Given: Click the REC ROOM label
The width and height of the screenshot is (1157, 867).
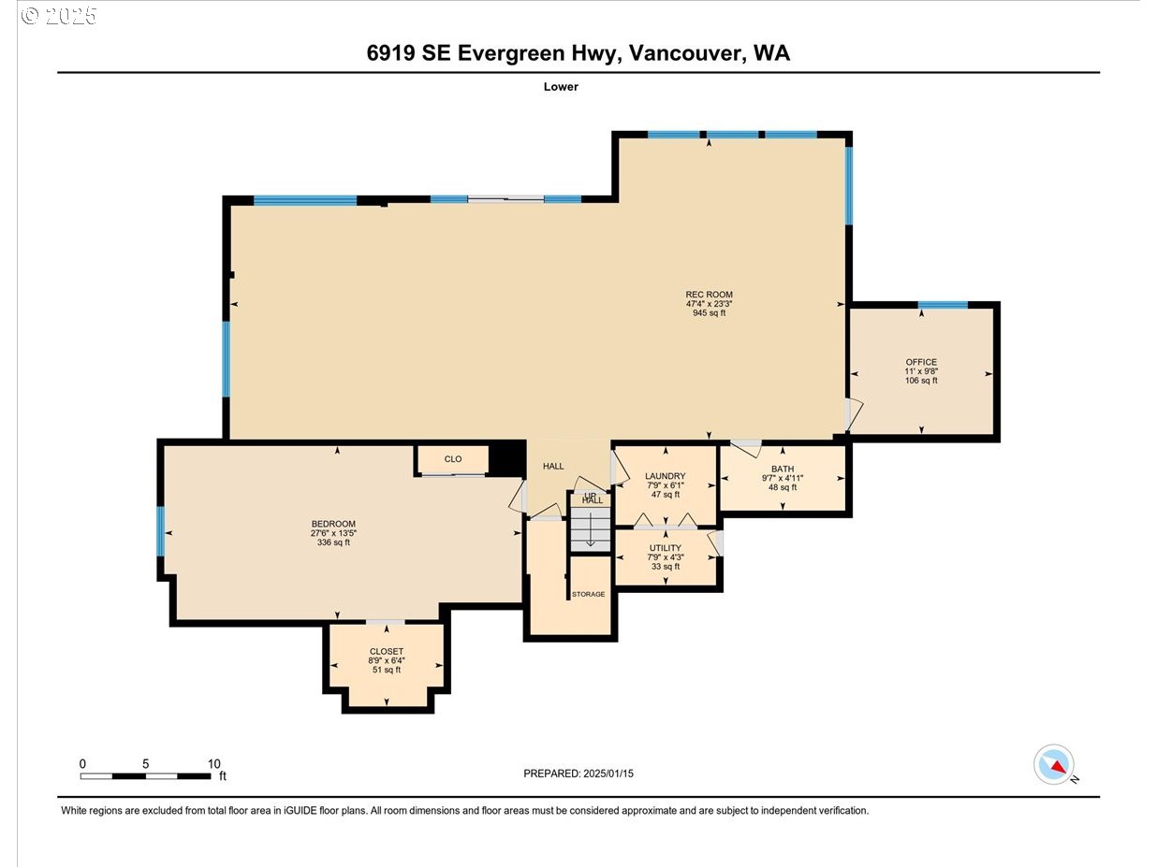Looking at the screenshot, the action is (x=709, y=295).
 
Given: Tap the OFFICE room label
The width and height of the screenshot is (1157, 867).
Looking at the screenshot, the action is (x=921, y=362).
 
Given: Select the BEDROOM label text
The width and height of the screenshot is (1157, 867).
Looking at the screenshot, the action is (x=333, y=524).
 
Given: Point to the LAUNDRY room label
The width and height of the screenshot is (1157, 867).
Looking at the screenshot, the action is (x=666, y=476).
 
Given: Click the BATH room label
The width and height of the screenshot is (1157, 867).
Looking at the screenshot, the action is (x=783, y=469).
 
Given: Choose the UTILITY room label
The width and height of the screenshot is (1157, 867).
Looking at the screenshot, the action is (x=666, y=548).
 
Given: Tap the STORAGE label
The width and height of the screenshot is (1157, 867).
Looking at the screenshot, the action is (x=588, y=594).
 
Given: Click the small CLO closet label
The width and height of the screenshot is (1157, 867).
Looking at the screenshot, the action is (x=453, y=459).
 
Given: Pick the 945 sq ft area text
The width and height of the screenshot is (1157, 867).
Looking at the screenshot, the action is (x=709, y=313).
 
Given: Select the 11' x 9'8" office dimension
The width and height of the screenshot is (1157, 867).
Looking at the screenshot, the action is (x=921, y=371).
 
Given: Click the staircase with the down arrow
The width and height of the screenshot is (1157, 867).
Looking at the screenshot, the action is (x=591, y=529).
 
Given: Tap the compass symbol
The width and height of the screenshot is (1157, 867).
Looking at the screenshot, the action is (x=1053, y=764).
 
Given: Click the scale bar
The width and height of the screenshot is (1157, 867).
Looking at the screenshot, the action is (x=145, y=776).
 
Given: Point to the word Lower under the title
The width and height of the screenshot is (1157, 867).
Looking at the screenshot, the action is (x=561, y=87).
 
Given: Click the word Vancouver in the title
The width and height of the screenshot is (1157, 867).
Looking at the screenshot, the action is (x=687, y=53).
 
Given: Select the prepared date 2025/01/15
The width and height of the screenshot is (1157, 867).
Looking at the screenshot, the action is (x=608, y=773).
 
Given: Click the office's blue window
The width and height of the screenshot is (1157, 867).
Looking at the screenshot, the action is (x=943, y=305).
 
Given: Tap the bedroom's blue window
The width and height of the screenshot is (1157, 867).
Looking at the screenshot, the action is (x=161, y=530).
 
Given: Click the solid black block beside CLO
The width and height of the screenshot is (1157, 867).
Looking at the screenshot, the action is (x=507, y=459).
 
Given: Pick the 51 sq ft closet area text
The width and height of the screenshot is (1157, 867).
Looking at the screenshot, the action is (x=387, y=670).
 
